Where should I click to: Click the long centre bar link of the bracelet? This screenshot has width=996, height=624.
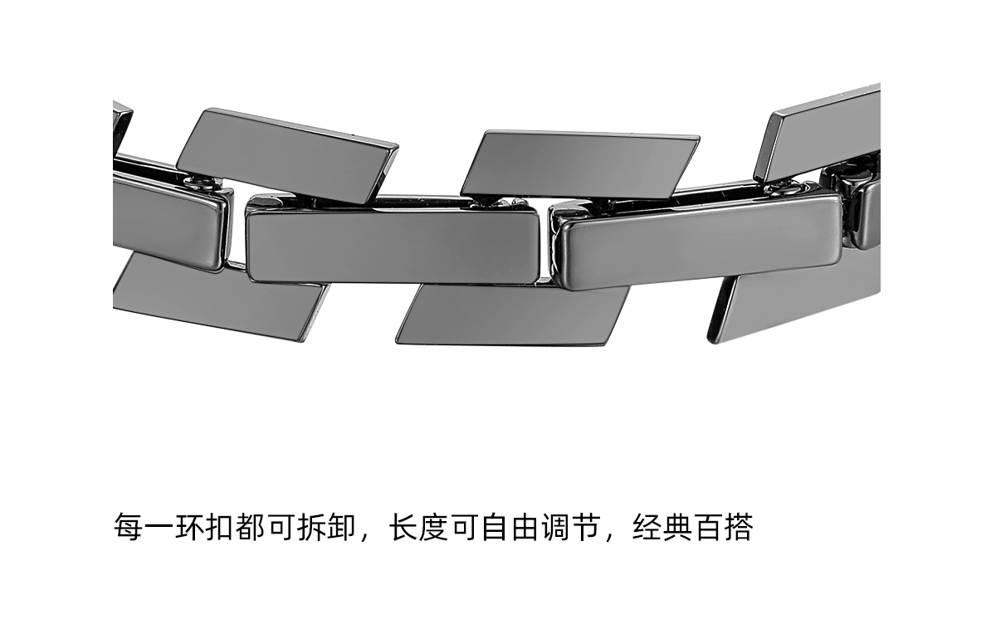coord(393,245)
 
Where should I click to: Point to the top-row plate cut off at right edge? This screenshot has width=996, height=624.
coord(822,133)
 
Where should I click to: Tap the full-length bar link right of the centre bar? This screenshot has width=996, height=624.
coord(697,241)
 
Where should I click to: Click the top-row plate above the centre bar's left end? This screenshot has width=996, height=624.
coord(286,156)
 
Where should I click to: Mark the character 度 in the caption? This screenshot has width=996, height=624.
coord(434,528)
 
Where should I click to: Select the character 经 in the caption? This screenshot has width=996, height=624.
coord(648,528)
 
